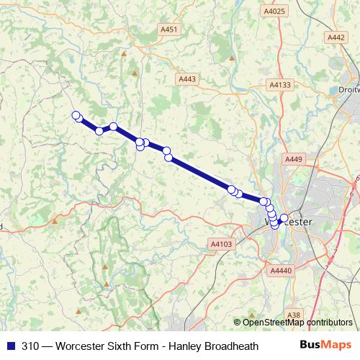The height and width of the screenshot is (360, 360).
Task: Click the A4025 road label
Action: pyautogui.click(x=275, y=11)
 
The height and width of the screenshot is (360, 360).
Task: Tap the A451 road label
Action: pyautogui.click(x=169, y=29)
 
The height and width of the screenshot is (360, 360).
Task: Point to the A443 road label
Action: pyautogui.click(x=186, y=79)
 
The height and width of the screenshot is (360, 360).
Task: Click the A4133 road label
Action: pyautogui.click(x=280, y=85)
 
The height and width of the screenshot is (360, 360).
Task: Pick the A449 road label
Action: pyautogui.click(x=294, y=158)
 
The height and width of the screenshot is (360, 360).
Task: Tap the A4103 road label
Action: pyautogui.click(x=222, y=245)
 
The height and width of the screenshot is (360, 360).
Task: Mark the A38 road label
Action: pyautogui.click(x=293, y=315)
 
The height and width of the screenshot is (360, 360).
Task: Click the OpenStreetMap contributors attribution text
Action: pyautogui.click(x=297, y=322)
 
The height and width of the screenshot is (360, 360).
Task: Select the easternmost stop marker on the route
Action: pyautogui.click(x=284, y=217)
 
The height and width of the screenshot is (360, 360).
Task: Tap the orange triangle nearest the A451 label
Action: pyautogui.click(x=124, y=53)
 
